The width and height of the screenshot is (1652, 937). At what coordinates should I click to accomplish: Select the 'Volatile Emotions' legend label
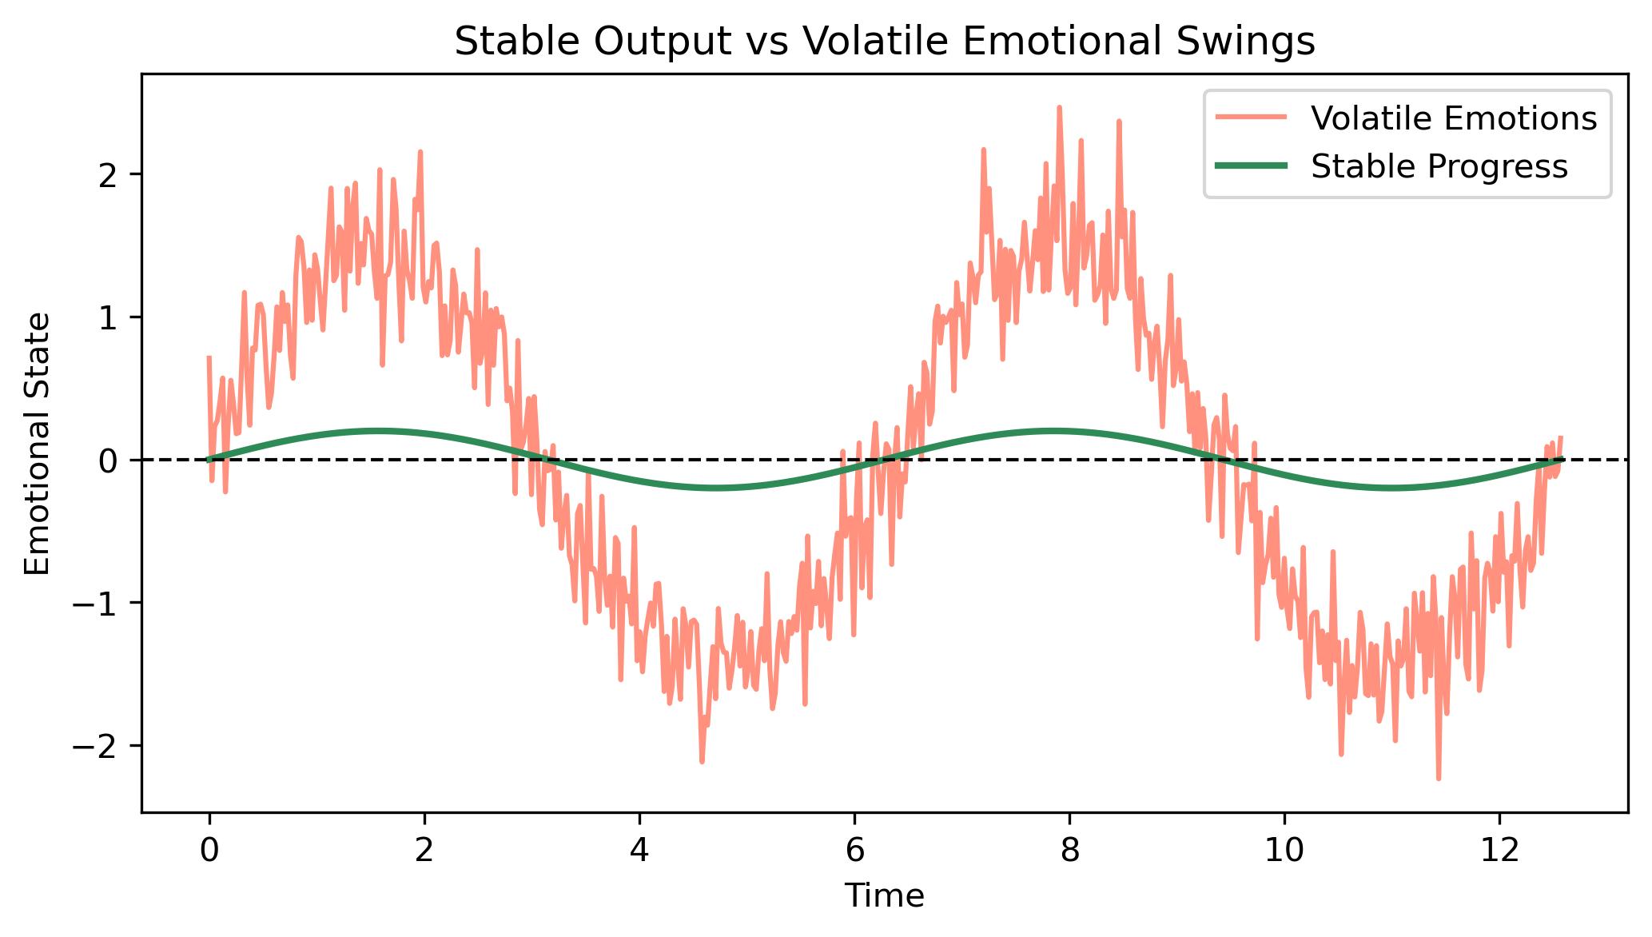[1454, 118]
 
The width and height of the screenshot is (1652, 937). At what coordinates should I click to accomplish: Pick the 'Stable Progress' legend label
[1439, 166]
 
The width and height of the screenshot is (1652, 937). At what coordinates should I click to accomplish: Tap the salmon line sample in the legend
[1251, 118]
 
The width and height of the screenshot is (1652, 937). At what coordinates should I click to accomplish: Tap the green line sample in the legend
[1251, 166]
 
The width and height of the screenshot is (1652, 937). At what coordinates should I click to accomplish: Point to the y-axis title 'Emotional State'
[38, 443]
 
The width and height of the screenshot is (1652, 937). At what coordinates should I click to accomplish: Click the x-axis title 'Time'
[885, 896]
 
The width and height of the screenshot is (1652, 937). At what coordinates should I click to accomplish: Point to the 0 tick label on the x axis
[209, 850]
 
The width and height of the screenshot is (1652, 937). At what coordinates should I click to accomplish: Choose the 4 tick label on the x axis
[639, 850]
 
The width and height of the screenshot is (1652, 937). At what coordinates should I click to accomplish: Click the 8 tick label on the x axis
[1069, 850]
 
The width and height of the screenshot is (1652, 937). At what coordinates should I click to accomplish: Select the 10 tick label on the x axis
[1284, 850]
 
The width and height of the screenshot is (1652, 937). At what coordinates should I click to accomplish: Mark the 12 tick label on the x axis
[1499, 850]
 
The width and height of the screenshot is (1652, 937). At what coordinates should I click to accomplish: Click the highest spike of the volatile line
[1059, 106]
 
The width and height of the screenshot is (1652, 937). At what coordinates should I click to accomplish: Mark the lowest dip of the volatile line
[1439, 778]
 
